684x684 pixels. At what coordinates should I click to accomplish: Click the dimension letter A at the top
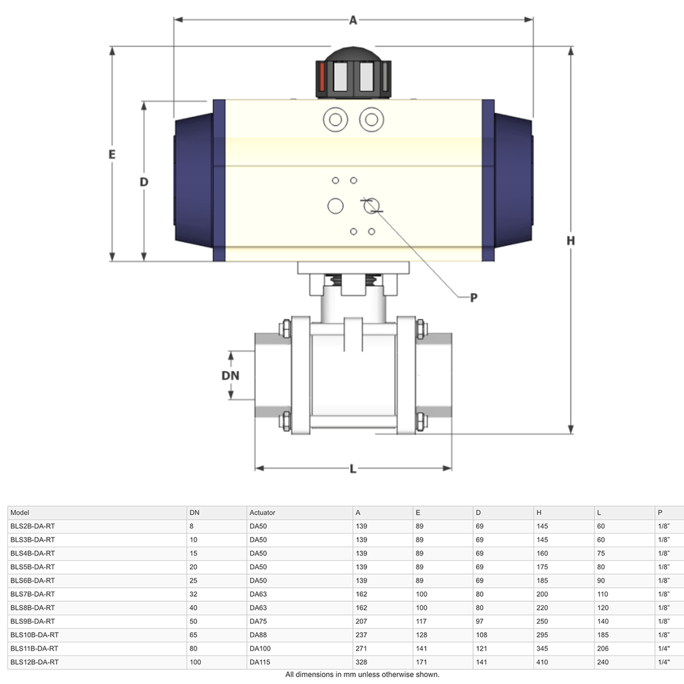click(x=353, y=20)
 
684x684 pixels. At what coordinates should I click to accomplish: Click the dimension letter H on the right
click(x=570, y=241)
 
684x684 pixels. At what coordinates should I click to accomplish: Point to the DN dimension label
click(x=230, y=375)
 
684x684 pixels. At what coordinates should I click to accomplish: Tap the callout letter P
click(x=474, y=298)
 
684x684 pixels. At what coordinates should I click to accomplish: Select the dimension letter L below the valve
click(x=353, y=469)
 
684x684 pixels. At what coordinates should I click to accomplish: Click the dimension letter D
click(x=144, y=182)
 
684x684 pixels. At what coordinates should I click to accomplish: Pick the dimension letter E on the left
click(x=112, y=155)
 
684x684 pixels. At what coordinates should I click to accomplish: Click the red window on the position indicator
click(x=322, y=77)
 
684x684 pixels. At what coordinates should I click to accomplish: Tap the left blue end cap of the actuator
click(x=194, y=180)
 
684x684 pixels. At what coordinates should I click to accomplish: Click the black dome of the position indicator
click(x=354, y=54)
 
